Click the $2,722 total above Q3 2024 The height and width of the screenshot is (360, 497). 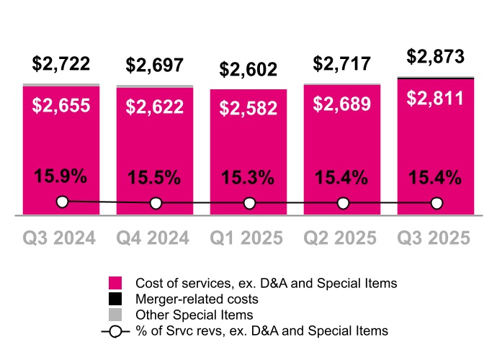click(61, 63)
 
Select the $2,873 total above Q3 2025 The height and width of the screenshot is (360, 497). click(436, 57)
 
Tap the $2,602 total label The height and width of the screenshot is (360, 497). click(248, 69)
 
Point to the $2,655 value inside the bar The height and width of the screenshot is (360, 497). click(61, 106)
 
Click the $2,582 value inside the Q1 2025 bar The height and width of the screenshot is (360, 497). click(248, 109)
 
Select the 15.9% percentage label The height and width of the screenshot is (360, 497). click(61, 176)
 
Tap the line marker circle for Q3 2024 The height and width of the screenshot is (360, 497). click(62, 202)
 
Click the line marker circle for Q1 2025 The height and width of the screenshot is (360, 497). click(249, 204)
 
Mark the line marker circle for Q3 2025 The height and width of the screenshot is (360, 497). click(436, 204)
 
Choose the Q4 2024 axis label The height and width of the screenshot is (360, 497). click(155, 238)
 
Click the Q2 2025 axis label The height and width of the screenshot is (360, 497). click(342, 238)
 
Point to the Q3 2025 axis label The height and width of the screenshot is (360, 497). click(436, 238)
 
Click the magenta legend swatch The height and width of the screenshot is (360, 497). click(115, 283)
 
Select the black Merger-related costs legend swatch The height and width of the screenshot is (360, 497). click(115, 299)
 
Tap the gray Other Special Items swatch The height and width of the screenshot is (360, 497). click(115, 315)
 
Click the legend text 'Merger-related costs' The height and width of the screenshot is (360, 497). click(197, 299)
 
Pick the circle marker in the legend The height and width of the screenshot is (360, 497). click(115, 331)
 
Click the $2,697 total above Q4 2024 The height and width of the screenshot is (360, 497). click(155, 66)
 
